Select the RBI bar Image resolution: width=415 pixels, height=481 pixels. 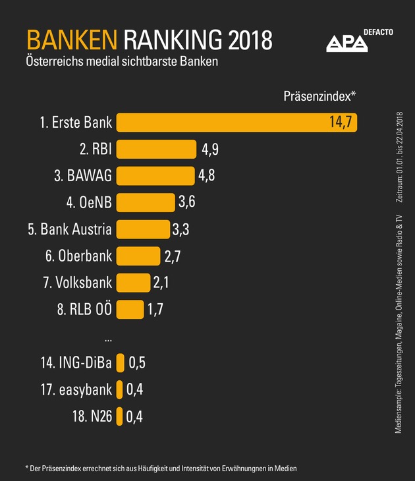[156, 149]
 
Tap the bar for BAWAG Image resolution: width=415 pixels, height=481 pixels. [155, 176]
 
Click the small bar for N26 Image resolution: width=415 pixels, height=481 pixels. [119, 416]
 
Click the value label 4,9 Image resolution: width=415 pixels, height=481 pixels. [209, 149]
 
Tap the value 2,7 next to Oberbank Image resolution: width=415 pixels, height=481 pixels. [173, 256]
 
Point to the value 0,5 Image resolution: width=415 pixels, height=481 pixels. [136, 362]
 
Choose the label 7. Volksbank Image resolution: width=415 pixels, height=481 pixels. [77, 283]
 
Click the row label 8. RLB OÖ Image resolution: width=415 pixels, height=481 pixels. [82, 309]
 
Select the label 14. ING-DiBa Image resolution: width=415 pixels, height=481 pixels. [76, 362]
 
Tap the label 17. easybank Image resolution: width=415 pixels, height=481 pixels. [76, 389]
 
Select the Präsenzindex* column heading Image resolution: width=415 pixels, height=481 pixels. [319, 96]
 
